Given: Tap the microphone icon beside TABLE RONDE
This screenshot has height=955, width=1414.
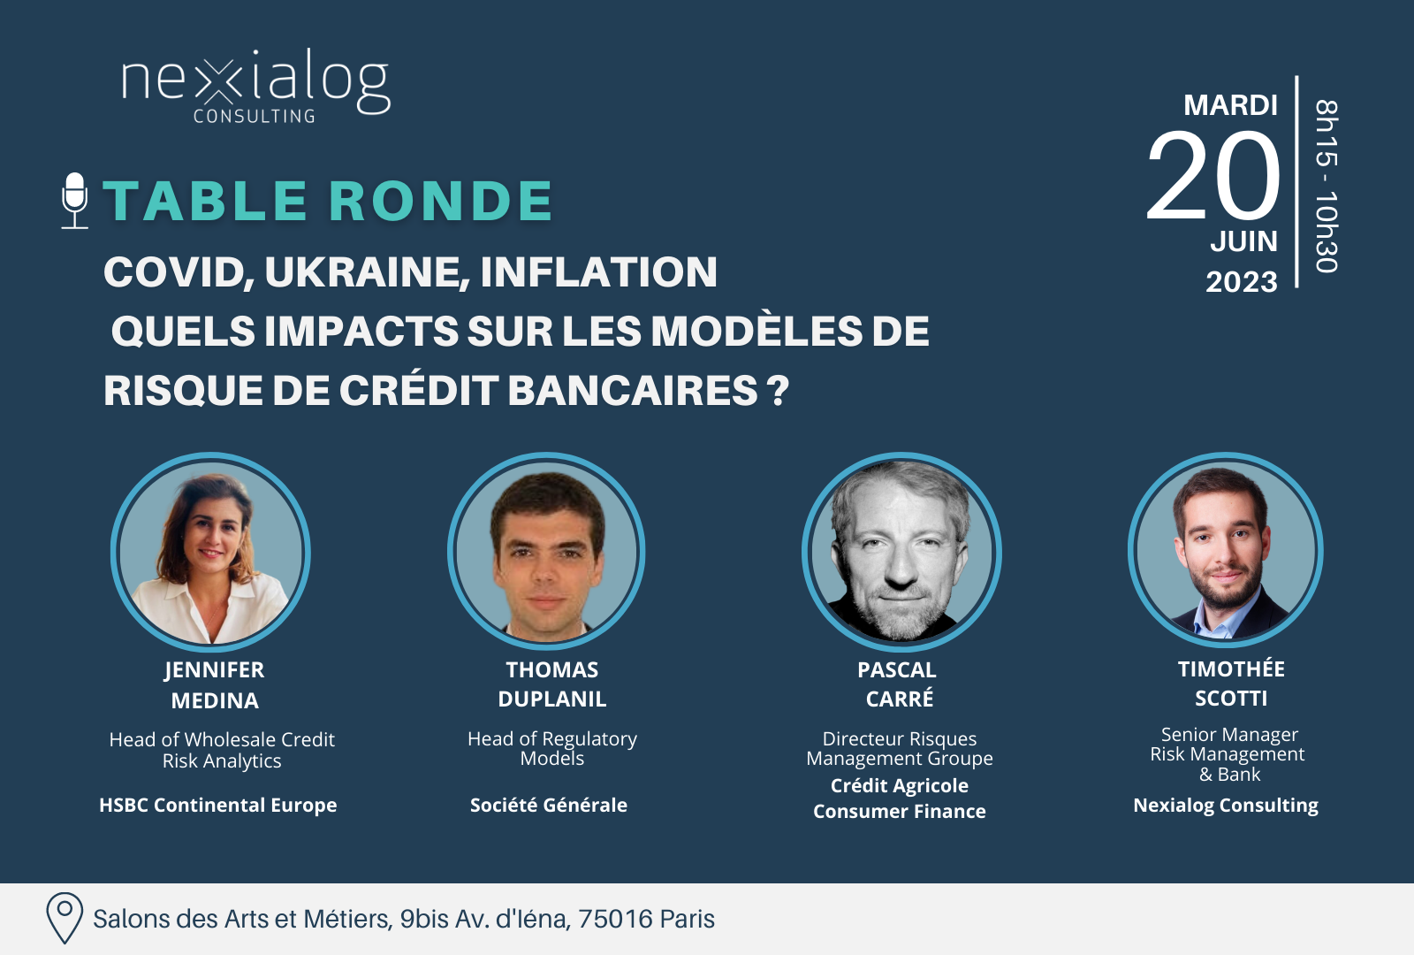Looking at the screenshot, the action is point(74,200).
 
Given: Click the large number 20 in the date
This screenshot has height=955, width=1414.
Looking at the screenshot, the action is point(1213,175).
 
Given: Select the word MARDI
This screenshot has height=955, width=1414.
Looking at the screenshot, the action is point(1230,105).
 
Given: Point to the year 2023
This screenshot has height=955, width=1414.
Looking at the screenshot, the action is point(1241,282).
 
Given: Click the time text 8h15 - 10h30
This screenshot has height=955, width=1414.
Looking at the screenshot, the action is point(1327,186).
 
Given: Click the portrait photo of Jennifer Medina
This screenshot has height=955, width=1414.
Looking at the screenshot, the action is point(210,552).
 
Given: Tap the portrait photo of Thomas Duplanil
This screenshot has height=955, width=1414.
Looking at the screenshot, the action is point(546,552).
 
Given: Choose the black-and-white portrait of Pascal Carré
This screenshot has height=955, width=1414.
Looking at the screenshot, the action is point(901,552).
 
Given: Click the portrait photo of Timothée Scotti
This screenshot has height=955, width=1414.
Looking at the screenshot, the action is point(1225,550).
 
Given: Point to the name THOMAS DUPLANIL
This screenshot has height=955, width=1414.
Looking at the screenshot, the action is point(551,684).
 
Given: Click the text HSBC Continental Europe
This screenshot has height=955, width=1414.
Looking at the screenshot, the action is point(217,806).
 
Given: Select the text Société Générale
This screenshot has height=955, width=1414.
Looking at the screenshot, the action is point(549,806).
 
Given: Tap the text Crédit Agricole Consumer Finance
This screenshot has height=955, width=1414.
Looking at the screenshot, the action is point(900,798).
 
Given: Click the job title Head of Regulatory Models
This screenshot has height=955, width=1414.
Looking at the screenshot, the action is point(552,748).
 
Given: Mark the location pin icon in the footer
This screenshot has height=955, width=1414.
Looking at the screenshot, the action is point(65,918).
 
